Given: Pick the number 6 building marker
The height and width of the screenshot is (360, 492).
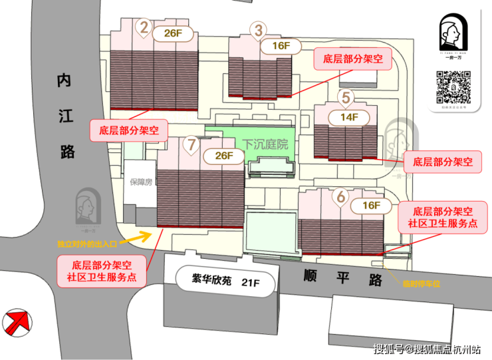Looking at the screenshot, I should click(x=341, y=196).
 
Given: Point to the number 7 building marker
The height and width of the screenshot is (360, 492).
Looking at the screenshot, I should click(x=192, y=143).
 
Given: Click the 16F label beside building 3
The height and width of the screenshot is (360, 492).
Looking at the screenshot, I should click(x=282, y=46).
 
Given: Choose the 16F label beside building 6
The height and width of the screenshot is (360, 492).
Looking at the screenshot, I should click(x=371, y=205).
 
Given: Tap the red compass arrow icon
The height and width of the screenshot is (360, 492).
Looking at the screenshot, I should click(x=17, y=325).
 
